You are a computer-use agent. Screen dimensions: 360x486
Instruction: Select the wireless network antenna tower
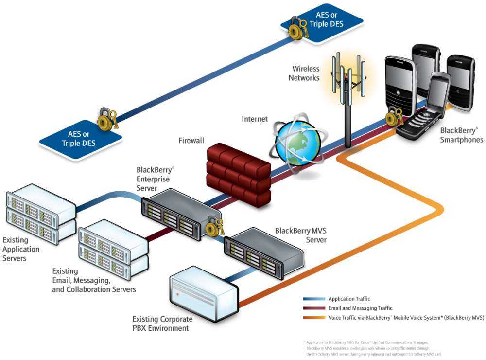coord(348,97)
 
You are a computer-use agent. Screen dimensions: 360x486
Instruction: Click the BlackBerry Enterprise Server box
coord(180,214)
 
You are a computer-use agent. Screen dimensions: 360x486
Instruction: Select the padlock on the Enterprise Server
coord(213,226)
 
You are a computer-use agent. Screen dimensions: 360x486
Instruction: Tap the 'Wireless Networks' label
coord(305,73)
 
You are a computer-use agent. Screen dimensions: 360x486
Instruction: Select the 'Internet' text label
coord(255,119)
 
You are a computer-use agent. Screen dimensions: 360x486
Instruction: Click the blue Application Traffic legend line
coord(314,299)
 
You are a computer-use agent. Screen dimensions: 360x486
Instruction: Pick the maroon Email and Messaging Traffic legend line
coord(314,308)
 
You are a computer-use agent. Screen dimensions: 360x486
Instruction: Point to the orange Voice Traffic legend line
coord(314,318)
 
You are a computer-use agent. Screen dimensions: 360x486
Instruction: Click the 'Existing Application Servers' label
coord(21,249)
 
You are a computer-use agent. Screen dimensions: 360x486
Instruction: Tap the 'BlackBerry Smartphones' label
coord(461,135)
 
